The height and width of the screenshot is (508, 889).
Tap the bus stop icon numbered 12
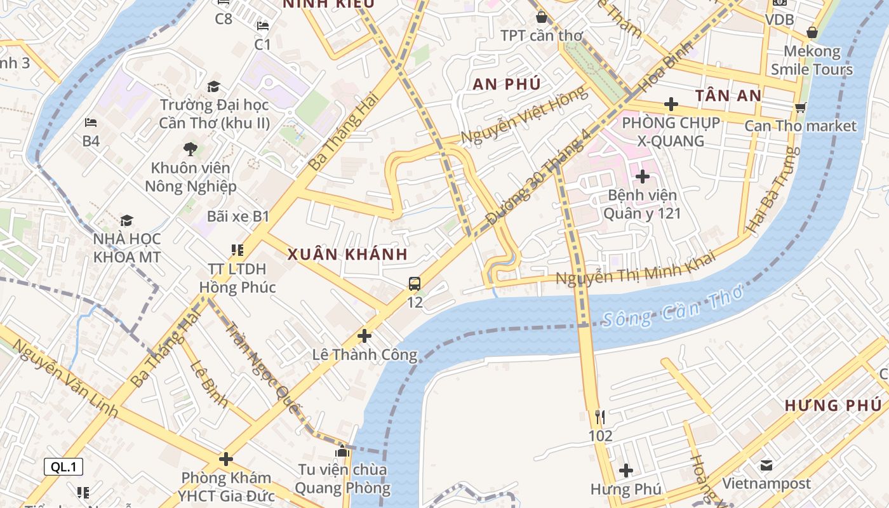pyautogui.click(x=415, y=284)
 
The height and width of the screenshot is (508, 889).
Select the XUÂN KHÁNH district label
pyautogui.click(x=347, y=255)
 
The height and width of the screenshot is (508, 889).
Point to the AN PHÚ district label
pyautogui.click(x=507, y=84)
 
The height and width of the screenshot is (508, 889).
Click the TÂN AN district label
pyautogui.click(x=728, y=96)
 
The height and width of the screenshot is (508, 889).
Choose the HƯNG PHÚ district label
pyautogui.click(x=833, y=405)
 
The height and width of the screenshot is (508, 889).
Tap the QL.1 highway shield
pyautogui.click(x=63, y=467)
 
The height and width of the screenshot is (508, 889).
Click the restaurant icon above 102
pyautogui.click(x=600, y=417)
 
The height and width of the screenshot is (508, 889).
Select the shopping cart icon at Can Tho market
pyautogui.click(x=801, y=108)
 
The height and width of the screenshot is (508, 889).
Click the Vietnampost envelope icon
pyautogui.click(x=766, y=465)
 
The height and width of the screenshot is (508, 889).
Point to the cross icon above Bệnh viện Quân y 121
pyautogui.click(x=643, y=176)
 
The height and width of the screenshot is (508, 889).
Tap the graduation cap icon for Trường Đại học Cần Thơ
pyautogui.click(x=214, y=86)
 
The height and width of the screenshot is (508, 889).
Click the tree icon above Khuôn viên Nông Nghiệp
pyautogui.click(x=190, y=150)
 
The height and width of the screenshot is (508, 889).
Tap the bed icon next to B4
pyautogui.click(x=91, y=123)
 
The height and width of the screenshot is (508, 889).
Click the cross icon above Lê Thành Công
pyautogui.click(x=364, y=335)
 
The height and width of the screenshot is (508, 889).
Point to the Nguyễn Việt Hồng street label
pyautogui.click(x=524, y=116)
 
